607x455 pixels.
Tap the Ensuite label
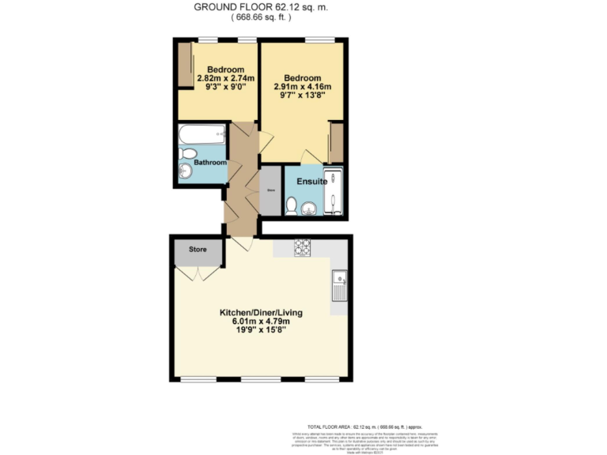click(x=311, y=182)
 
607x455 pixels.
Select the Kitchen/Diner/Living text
click(x=261, y=312)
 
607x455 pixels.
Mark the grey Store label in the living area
click(x=197, y=250)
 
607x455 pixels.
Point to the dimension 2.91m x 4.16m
click(x=302, y=87)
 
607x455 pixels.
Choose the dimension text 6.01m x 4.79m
click(x=261, y=322)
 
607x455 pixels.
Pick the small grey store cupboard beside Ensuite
click(x=270, y=190)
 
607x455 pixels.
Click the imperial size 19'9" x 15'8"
click(x=261, y=330)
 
